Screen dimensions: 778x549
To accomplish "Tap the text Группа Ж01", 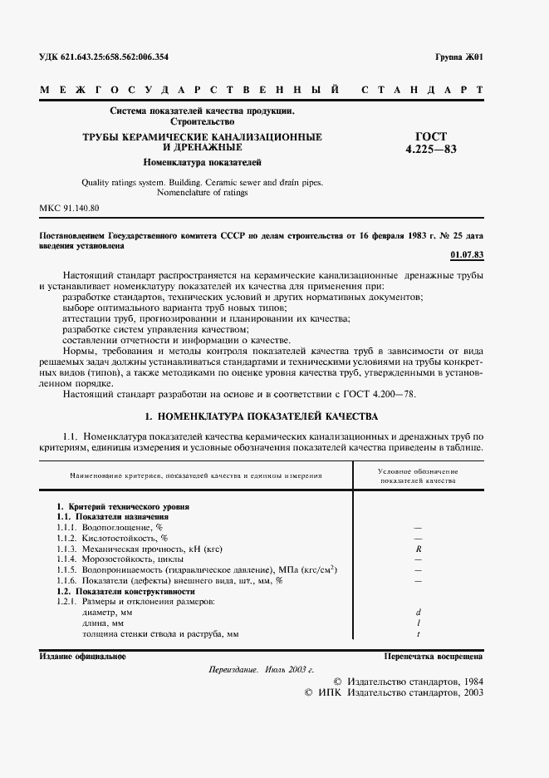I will coord(458,57).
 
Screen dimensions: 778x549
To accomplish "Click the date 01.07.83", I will coord(466,254).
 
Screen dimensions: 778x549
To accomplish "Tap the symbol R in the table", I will coord(419,549).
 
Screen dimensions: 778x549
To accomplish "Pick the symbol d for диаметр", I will coord(419,613).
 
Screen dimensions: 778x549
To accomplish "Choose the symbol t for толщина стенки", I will coord(419,634).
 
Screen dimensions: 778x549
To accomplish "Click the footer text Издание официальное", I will coord(82,657).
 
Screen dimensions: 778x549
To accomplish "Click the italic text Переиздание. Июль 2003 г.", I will coord(261,669).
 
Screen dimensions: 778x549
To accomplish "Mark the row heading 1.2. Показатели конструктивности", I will coord(124,591).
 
